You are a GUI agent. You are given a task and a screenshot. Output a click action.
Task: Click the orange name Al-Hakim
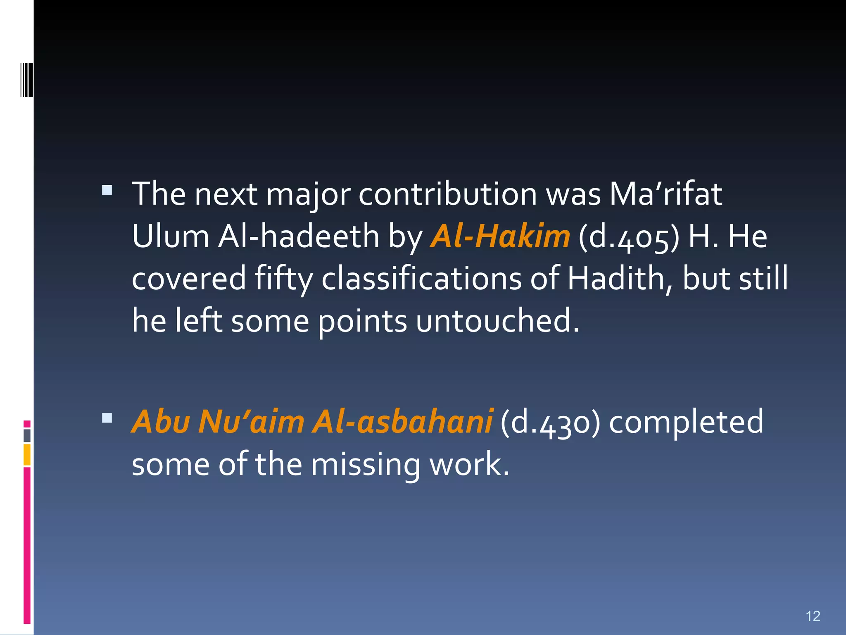click(x=500, y=236)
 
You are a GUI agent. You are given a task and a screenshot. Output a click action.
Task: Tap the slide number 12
click(x=813, y=616)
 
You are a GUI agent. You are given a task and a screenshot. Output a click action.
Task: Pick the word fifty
click(x=284, y=279)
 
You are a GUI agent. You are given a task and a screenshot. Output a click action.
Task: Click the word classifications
click(x=421, y=278)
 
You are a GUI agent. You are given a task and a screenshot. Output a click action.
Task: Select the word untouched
click(x=497, y=320)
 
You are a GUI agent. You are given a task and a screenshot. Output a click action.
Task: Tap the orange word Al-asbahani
click(x=402, y=422)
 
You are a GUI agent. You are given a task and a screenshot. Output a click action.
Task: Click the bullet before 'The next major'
click(x=107, y=190)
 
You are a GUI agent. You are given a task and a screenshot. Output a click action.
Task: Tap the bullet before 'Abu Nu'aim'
click(x=107, y=418)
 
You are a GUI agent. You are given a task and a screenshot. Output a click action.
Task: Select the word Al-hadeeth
click(x=298, y=236)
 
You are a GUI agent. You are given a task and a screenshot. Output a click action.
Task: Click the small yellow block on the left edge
click(x=27, y=455)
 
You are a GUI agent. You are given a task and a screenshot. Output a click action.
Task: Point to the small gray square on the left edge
click(x=27, y=435)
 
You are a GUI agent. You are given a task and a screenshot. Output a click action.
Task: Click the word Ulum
click(x=171, y=236)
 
